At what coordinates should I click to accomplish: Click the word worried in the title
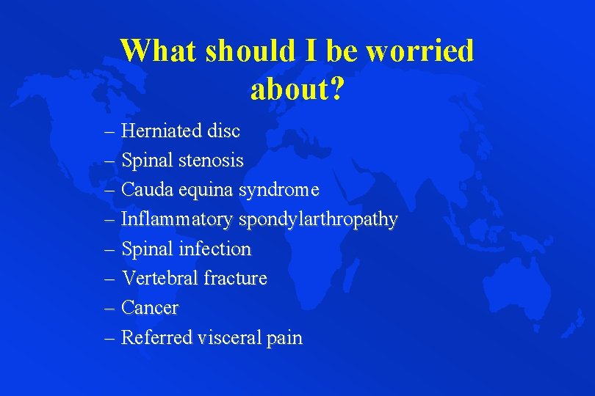tap(420, 51)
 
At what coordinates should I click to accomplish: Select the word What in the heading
tap(159, 51)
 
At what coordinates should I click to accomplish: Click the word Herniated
tap(161, 131)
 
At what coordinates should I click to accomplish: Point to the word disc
tap(223, 131)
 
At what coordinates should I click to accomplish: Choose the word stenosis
tap(211, 161)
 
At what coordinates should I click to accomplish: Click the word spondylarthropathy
tap(316, 220)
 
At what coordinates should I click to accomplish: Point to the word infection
tap(217, 249)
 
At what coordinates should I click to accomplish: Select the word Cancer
tap(149, 308)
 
